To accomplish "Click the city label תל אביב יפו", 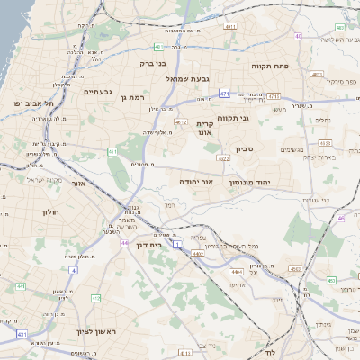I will click(34, 104).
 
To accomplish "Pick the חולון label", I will click(49, 211).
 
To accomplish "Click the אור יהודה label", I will click(195, 181).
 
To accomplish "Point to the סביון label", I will click(245, 148).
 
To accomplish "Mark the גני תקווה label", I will click(232, 118).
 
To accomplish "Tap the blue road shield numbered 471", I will click(224, 93).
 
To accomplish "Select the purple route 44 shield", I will click(124, 243).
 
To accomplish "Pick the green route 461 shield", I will click(112, 152).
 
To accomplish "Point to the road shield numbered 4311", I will click(229, 27).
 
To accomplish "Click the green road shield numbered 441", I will click(19, 286).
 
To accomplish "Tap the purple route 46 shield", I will click(340, 218).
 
